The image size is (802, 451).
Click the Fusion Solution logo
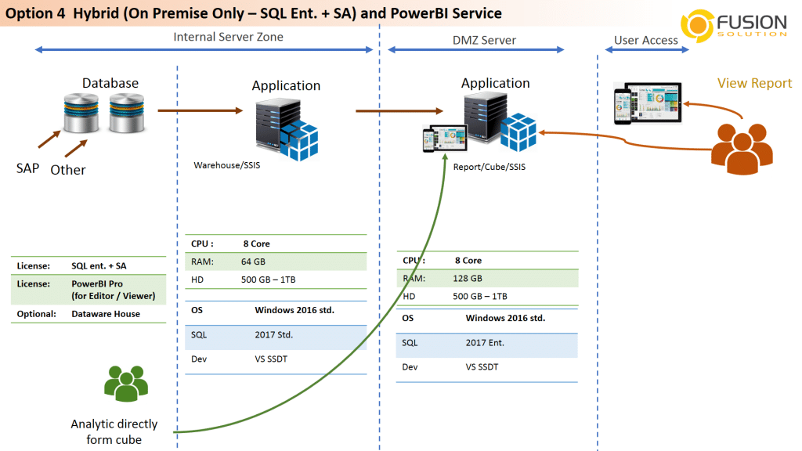coord(734,26)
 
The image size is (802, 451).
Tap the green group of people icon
coord(126,384)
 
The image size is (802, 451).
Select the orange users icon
coord(742,149)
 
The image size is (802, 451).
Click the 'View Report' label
coord(754,83)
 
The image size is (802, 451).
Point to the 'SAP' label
coord(27,168)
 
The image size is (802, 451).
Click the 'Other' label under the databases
coord(68,170)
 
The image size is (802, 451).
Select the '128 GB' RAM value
coord(468,279)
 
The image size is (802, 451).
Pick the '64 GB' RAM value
coord(253,262)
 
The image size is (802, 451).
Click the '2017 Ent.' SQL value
coord(485,343)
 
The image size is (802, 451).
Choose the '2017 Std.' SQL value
coord(273,335)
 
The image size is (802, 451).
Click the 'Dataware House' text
coord(106,314)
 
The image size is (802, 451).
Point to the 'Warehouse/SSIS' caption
coord(227,165)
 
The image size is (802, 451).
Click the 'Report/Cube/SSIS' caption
coord(490,167)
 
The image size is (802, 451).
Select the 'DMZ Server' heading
coord(484,40)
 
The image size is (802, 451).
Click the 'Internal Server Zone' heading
coord(228,37)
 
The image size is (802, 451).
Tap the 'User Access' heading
coord(646,40)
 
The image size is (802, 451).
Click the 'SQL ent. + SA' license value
coord(99,266)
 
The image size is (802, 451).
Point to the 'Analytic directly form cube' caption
coord(114,431)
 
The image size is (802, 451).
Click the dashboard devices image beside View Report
coord(648,103)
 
